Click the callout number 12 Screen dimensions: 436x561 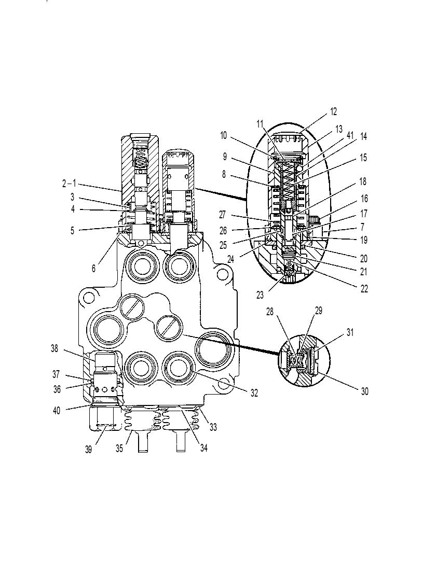333,111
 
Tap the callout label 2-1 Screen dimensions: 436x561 69,184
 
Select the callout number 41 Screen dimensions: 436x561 350,136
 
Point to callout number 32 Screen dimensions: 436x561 254,393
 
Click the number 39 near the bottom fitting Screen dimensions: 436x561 88,450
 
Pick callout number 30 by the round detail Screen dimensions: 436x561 364,391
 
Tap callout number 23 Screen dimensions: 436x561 260,295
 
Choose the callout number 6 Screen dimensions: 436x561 93,269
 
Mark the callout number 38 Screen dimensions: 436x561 55,348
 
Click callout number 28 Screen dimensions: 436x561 270,312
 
